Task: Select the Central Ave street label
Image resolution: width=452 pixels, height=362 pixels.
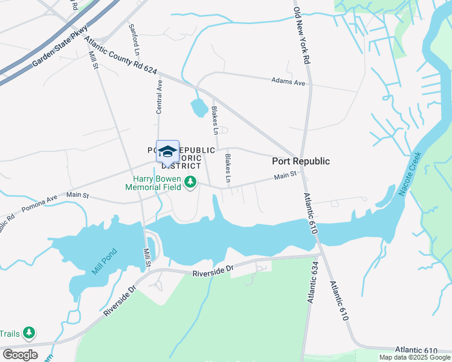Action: point(160,97)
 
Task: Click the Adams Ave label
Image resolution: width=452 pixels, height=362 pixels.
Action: point(288,81)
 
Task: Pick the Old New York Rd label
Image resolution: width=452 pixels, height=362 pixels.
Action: point(302,36)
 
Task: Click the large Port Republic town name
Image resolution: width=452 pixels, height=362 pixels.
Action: point(301,161)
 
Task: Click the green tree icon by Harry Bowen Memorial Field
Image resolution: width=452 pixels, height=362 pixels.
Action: point(191,182)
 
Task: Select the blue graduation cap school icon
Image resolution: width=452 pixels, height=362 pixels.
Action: point(167,151)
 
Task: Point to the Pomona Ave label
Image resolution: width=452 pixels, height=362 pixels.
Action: point(39,203)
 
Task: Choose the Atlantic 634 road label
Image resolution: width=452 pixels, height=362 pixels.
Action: point(312,285)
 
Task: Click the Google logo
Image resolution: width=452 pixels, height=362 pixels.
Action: point(20,355)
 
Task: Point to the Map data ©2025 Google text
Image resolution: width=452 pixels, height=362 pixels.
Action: point(415,357)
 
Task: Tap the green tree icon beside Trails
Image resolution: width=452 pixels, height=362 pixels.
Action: point(28,333)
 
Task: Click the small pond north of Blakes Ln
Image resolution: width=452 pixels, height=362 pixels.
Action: point(199,107)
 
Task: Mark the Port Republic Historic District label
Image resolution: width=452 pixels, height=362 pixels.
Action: point(181,157)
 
